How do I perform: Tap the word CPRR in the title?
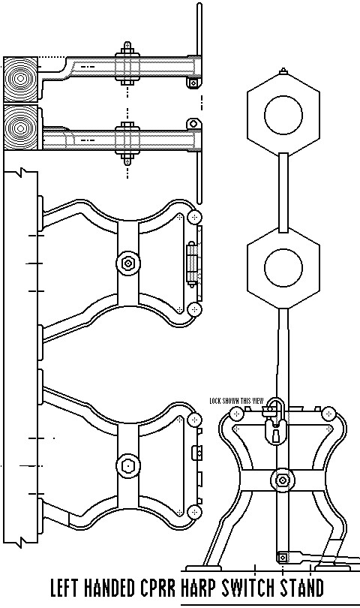[x=163, y=588]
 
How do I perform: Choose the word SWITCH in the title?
[x=247, y=588]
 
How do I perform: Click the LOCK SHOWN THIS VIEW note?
[x=236, y=401]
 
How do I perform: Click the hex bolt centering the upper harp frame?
[x=127, y=263]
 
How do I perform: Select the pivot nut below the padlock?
[x=282, y=479]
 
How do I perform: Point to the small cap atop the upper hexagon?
[x=283, y=72]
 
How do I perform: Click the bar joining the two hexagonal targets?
[x=283, y=191]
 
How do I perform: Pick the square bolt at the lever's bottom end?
[x=283, y=557]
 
